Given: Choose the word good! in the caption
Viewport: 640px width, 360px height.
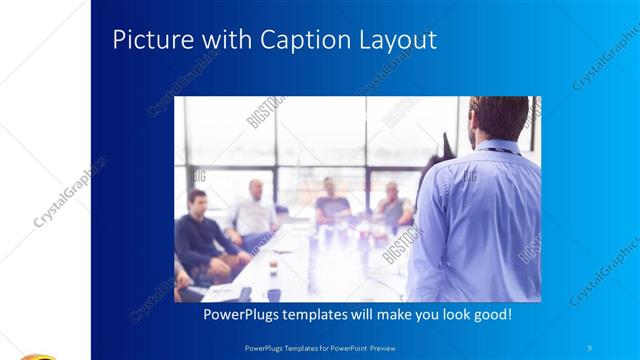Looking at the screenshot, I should (x=491, y=315).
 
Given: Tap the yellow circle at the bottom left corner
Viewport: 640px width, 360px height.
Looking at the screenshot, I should (x=35, y=355).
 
